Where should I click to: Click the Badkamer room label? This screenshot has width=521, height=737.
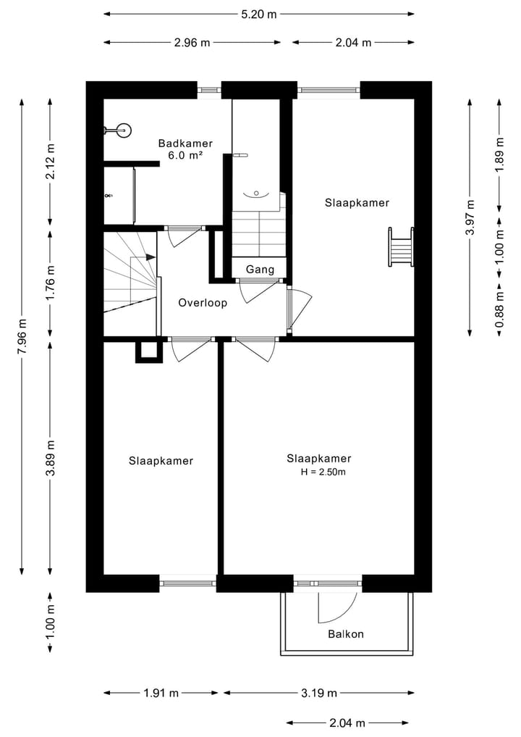click(185, 143)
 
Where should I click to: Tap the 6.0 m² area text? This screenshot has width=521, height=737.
click(185, 155)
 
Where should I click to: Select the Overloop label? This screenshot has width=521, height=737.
click(203, 303)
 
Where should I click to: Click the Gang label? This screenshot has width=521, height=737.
click(260, 270)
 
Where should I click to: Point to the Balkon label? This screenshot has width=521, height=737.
click(346, 634)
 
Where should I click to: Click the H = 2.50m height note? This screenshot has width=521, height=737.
click(323, 472)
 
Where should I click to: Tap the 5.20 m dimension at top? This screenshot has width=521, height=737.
click(259, 14)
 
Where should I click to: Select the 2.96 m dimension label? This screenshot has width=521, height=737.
click(192, 42)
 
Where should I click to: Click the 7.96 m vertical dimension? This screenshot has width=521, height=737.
click(22, 336)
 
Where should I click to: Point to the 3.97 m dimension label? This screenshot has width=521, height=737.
click(470, 217)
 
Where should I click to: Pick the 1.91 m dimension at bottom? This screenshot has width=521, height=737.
click(161, 693)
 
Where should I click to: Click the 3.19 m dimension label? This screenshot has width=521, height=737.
click(319, 693)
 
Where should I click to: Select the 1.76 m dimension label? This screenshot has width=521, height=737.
click(50, 285)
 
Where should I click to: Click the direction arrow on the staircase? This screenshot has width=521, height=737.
click(150, 257)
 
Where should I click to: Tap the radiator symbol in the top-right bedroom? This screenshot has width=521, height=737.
click(402, 247)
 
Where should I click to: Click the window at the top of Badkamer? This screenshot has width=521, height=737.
click(209, 90)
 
